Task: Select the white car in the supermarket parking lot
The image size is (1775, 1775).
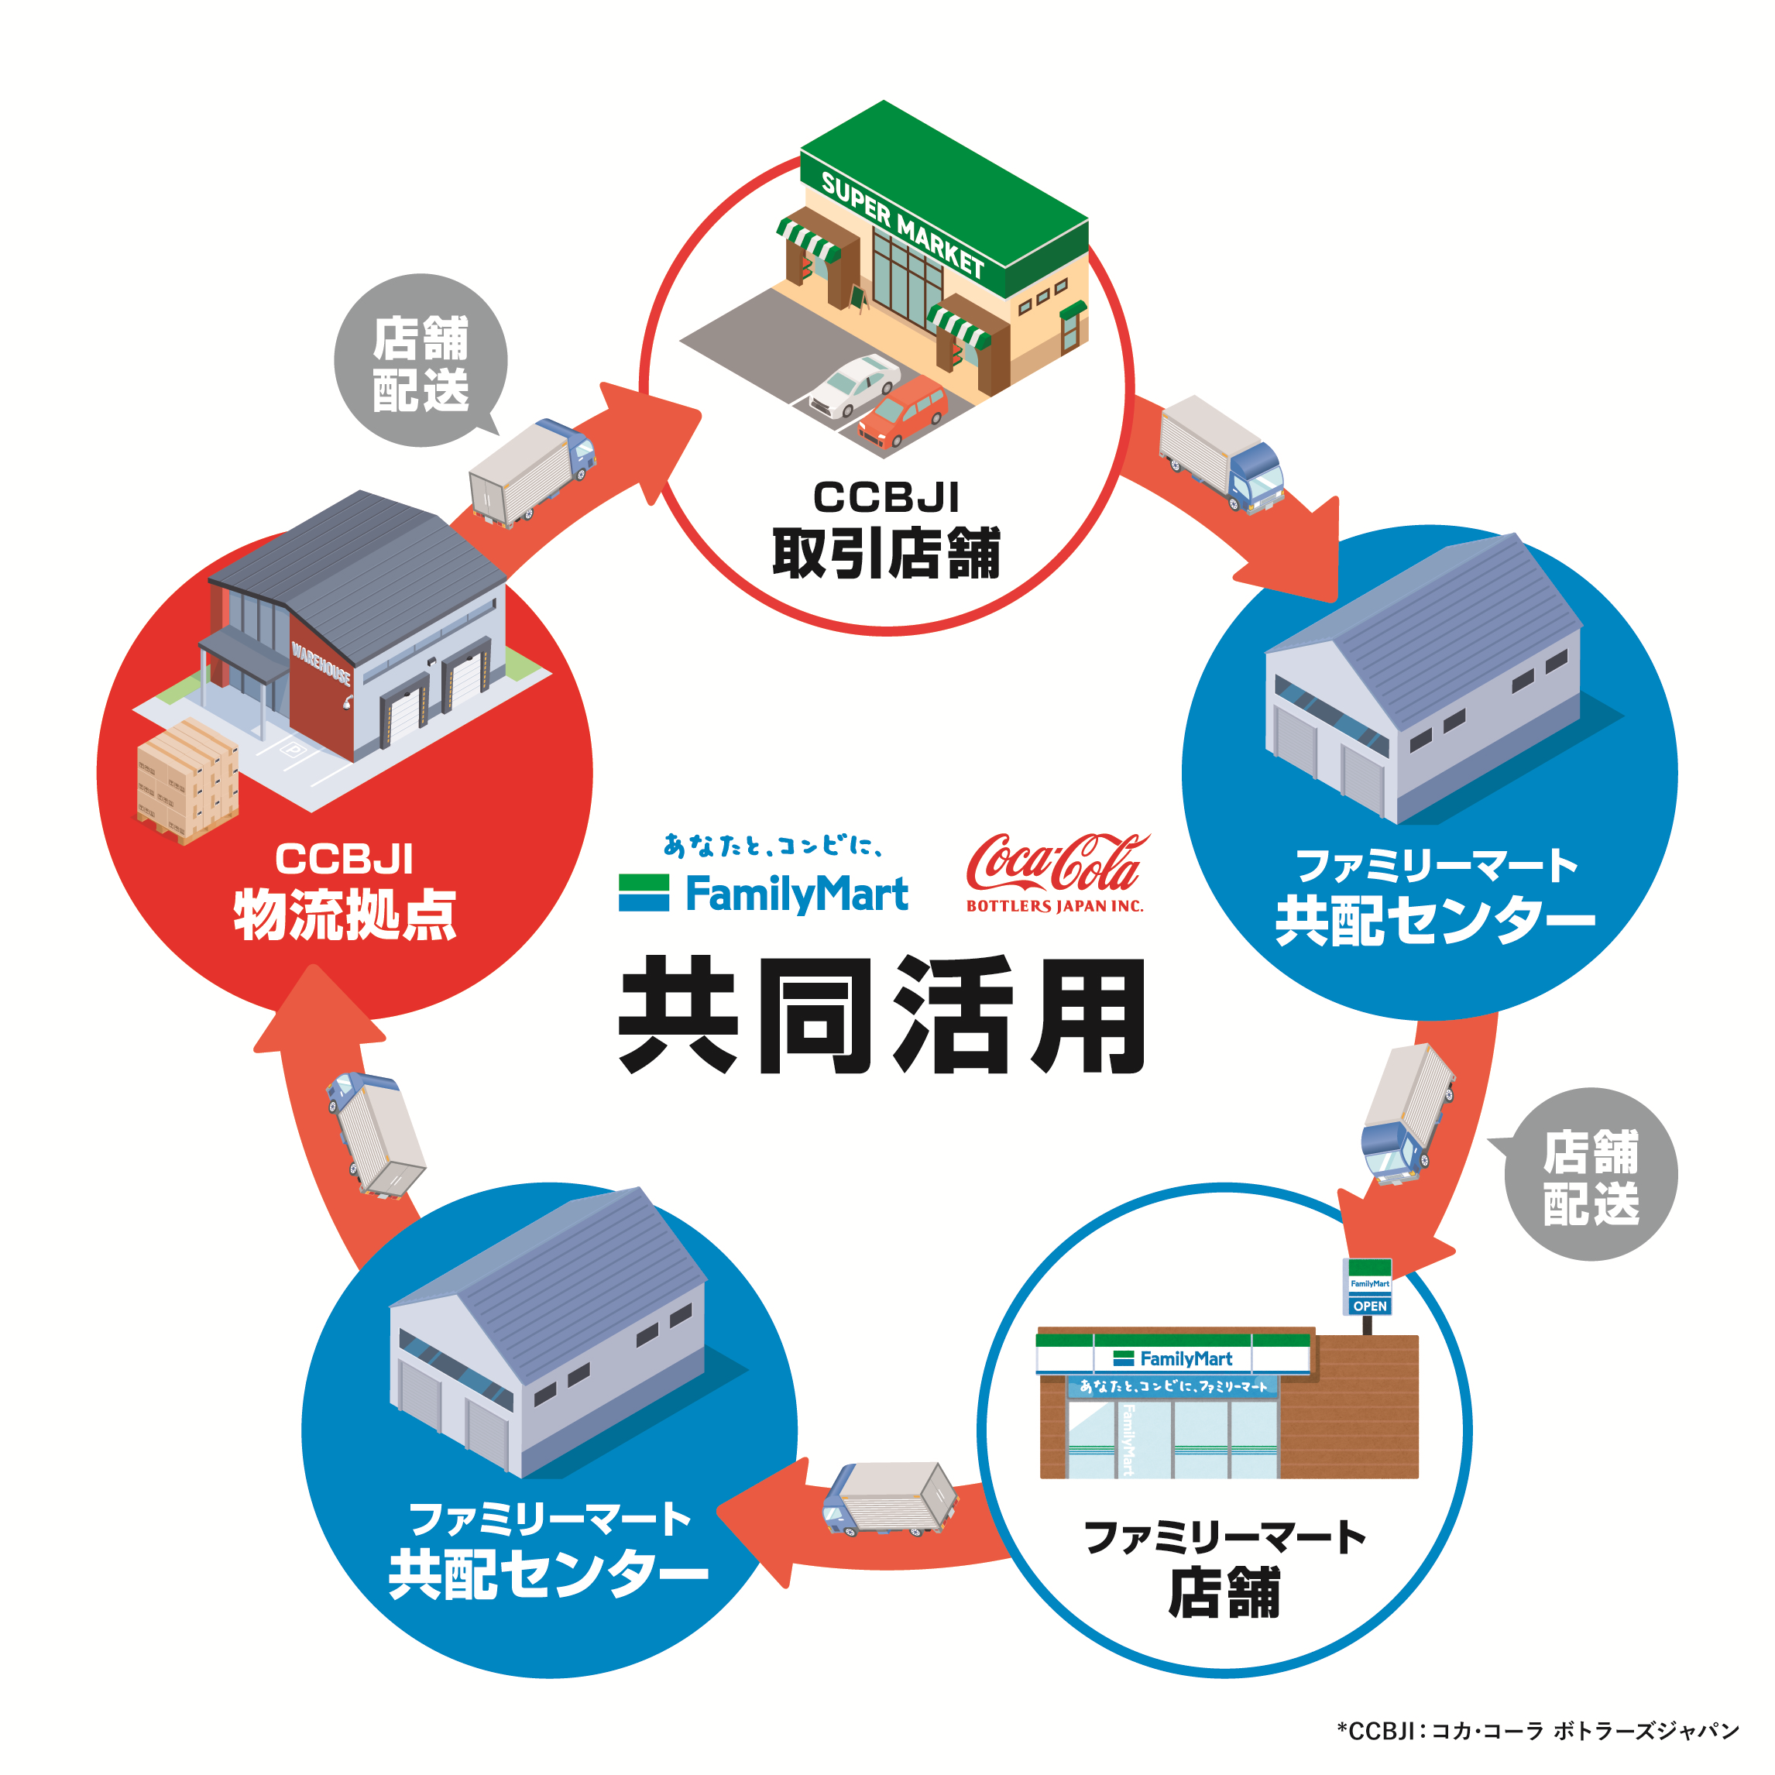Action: click(x=854, y=383)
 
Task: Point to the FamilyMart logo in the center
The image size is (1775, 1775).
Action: click(x=764, y=891)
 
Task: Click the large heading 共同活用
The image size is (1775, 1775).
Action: click(x=882, y=1015)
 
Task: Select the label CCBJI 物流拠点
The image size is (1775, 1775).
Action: click(x=345, y=891)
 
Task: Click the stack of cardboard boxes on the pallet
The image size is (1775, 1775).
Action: click(x=187, y=780)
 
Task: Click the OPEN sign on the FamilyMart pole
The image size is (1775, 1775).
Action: click(x=1370, y=1306)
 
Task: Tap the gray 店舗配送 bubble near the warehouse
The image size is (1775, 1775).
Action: click(x=421, y=362)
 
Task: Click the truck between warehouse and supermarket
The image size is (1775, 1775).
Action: click(x=532, y=472)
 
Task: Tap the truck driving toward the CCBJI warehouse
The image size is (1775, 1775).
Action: click(x=375, y=1134)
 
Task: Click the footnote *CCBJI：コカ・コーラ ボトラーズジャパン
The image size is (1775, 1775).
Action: click(x=1538, y=1731)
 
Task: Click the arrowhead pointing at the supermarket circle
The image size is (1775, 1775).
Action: click(x=657, y=432)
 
